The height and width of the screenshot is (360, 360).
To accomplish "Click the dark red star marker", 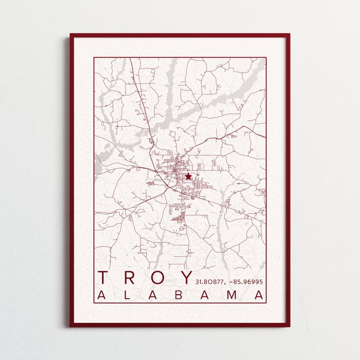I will (x=188, y=176).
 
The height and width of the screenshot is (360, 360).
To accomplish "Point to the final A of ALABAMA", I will (x=259, y=295).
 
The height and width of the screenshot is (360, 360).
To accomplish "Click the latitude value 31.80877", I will (x=209, y=280).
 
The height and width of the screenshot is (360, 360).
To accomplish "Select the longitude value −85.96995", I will (x=245, y=280).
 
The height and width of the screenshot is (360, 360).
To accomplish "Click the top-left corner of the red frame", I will (x=71, y=35).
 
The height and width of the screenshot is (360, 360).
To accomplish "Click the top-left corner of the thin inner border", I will (x=94, y=58).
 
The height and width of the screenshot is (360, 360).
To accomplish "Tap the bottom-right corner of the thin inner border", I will (x=266, y=303).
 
